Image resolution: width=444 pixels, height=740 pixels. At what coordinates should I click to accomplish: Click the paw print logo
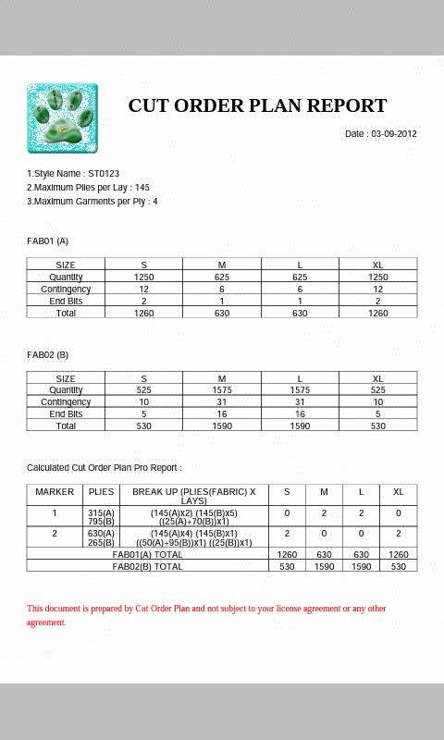click(62, 118)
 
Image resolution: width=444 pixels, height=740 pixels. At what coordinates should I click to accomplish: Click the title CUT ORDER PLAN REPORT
click(257, 105)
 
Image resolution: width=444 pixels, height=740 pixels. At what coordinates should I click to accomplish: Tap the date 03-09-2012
click(381, 134)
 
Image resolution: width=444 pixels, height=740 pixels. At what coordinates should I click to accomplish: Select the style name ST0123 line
click(73, 174)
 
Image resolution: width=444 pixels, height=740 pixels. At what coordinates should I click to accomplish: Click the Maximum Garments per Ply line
click(92, 202)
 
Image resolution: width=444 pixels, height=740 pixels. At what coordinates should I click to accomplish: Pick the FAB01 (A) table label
click(48, 241)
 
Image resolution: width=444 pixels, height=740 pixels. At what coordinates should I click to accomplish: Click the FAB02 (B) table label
click(48, 355)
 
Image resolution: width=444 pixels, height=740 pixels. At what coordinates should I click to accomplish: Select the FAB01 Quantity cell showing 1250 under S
click(144, 277)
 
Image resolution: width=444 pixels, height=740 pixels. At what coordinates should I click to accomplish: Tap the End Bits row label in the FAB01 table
click(66, 302)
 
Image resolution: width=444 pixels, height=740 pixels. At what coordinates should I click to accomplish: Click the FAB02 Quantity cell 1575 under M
click(222, 390)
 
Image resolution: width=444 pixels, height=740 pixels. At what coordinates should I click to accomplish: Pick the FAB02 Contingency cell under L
click(300, 402)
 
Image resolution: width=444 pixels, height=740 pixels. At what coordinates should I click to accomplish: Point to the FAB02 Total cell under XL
click(377, 426)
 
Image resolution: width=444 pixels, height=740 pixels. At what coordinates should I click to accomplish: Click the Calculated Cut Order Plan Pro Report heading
click(104, 468)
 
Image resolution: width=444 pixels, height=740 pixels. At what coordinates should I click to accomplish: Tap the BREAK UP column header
click(194, 495)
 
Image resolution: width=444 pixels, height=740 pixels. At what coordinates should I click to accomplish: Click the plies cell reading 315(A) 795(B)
click(101, 516)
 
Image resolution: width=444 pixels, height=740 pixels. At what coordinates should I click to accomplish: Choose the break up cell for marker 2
click(194, 537)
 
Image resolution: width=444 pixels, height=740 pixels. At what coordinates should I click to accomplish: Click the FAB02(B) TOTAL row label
click(148, 566)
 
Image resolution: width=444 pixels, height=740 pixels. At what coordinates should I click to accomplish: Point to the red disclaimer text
click(206, 615)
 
